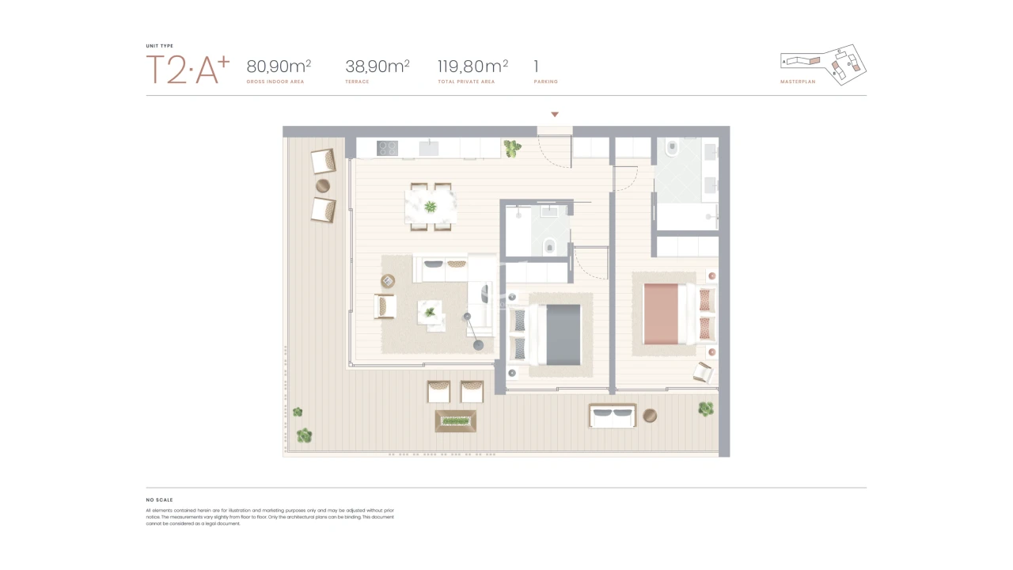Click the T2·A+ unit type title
click(188, 70)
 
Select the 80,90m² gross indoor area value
click(279, 66)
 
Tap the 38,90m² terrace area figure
click(378, 66)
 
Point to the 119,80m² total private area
click(472, 66)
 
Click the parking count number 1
click(537, 66)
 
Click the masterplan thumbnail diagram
click(824, 63)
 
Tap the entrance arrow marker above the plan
click(555, 115)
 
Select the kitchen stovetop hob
click(387, 148)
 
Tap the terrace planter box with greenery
click(456, 420)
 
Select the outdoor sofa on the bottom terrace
click(612, 416)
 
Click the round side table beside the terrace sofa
click(650, 416)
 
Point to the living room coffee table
click(431, 313)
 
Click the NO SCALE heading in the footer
click(159, 500)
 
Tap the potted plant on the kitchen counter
click(513, 147)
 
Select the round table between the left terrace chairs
click(323, 186)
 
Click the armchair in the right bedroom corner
click(702, 371)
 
